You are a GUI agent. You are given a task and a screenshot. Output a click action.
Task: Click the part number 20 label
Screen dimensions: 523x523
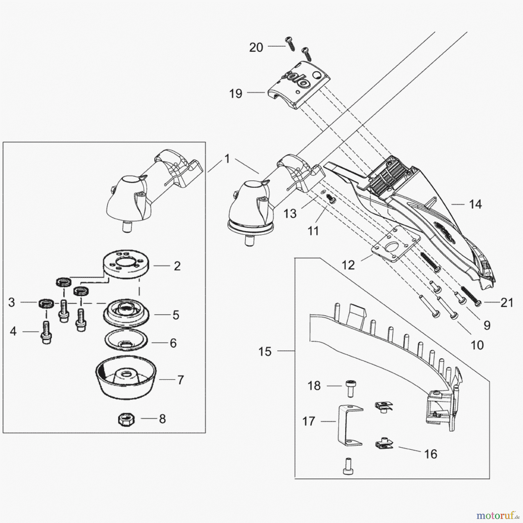256,47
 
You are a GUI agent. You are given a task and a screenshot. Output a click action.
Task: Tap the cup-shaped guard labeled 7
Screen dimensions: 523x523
126,376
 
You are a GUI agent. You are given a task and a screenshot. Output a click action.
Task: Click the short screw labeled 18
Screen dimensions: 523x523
351,388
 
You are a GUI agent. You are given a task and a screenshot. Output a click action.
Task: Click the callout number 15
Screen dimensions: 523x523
265,352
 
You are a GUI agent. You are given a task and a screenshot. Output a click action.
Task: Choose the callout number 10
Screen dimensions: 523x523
477,345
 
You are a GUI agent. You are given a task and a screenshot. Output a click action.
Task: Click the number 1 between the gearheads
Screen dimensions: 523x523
227,159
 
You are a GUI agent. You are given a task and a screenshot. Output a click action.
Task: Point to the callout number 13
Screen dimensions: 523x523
290,214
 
